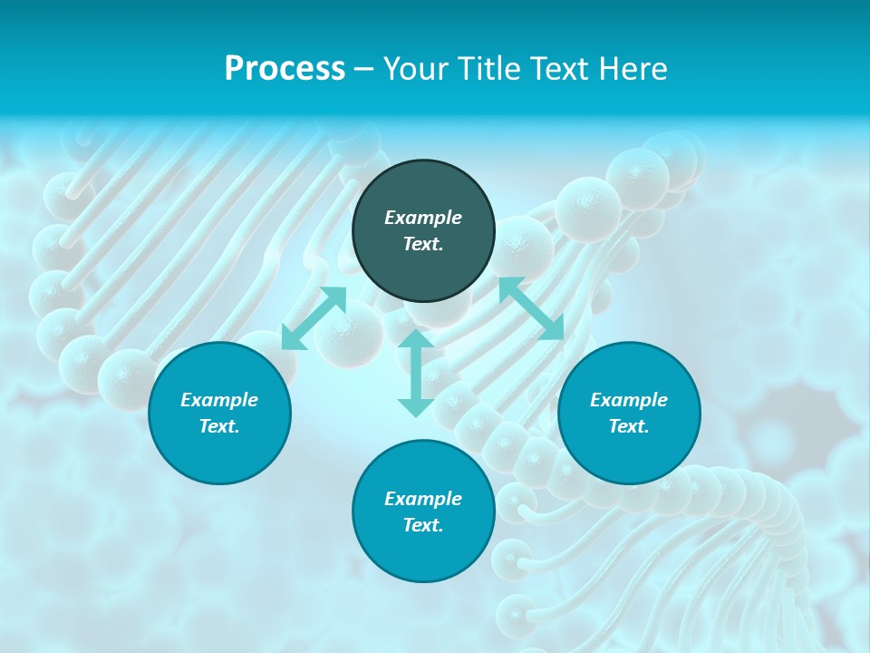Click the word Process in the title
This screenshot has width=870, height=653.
click(x=285, y=69)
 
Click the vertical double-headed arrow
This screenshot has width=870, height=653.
click(x=416, y=374)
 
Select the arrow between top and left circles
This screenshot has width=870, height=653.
click(x=314, y=317)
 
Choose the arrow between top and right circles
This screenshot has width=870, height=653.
click(x=532, y=308)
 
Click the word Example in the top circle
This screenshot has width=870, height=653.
click(x=423, y=218)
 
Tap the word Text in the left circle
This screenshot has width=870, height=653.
click(x=219, y=426)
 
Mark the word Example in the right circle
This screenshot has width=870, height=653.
click(x=629, y=400)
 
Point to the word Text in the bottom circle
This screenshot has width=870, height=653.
click(x=423, y=525)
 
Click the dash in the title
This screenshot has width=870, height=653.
click(x=363, y=69)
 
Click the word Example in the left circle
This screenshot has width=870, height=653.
click(x=219, y=400)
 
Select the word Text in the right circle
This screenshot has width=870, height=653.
click(x=629, y=426)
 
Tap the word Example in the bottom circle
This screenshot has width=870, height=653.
click(x=423, y=499)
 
